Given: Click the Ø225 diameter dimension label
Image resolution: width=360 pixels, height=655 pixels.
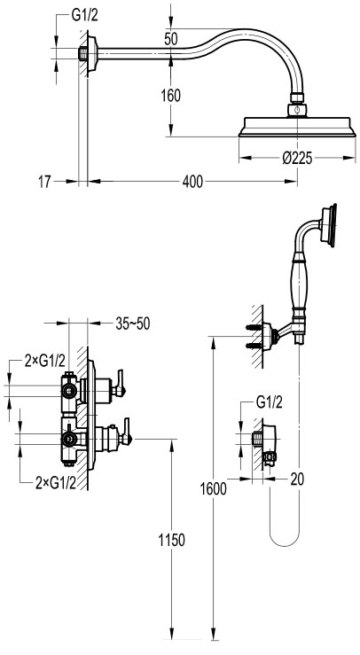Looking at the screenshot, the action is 297,159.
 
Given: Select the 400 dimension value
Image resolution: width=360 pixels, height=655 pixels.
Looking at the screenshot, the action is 192,182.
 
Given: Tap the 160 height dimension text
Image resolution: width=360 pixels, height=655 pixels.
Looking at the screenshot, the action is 171,96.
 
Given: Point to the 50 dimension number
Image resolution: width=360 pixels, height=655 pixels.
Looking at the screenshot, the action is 171,39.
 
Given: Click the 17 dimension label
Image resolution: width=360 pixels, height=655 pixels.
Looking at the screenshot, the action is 44,182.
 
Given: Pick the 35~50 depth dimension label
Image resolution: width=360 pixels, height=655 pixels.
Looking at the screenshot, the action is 132,324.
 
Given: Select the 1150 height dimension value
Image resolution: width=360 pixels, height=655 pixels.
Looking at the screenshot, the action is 171,540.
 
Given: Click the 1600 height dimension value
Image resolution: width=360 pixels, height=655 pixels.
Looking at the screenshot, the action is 213,488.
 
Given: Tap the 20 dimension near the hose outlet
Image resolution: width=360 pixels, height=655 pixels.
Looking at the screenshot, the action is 297,480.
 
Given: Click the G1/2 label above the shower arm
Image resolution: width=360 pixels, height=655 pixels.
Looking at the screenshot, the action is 85,16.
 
